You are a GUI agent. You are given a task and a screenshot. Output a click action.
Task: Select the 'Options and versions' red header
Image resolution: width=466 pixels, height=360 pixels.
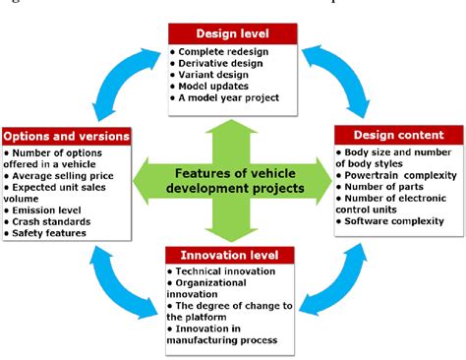pyautogui.click(x=66, y=135)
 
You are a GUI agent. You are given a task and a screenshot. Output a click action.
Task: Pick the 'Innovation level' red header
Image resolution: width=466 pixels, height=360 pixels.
pyautogui.click(x=231, y=255)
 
